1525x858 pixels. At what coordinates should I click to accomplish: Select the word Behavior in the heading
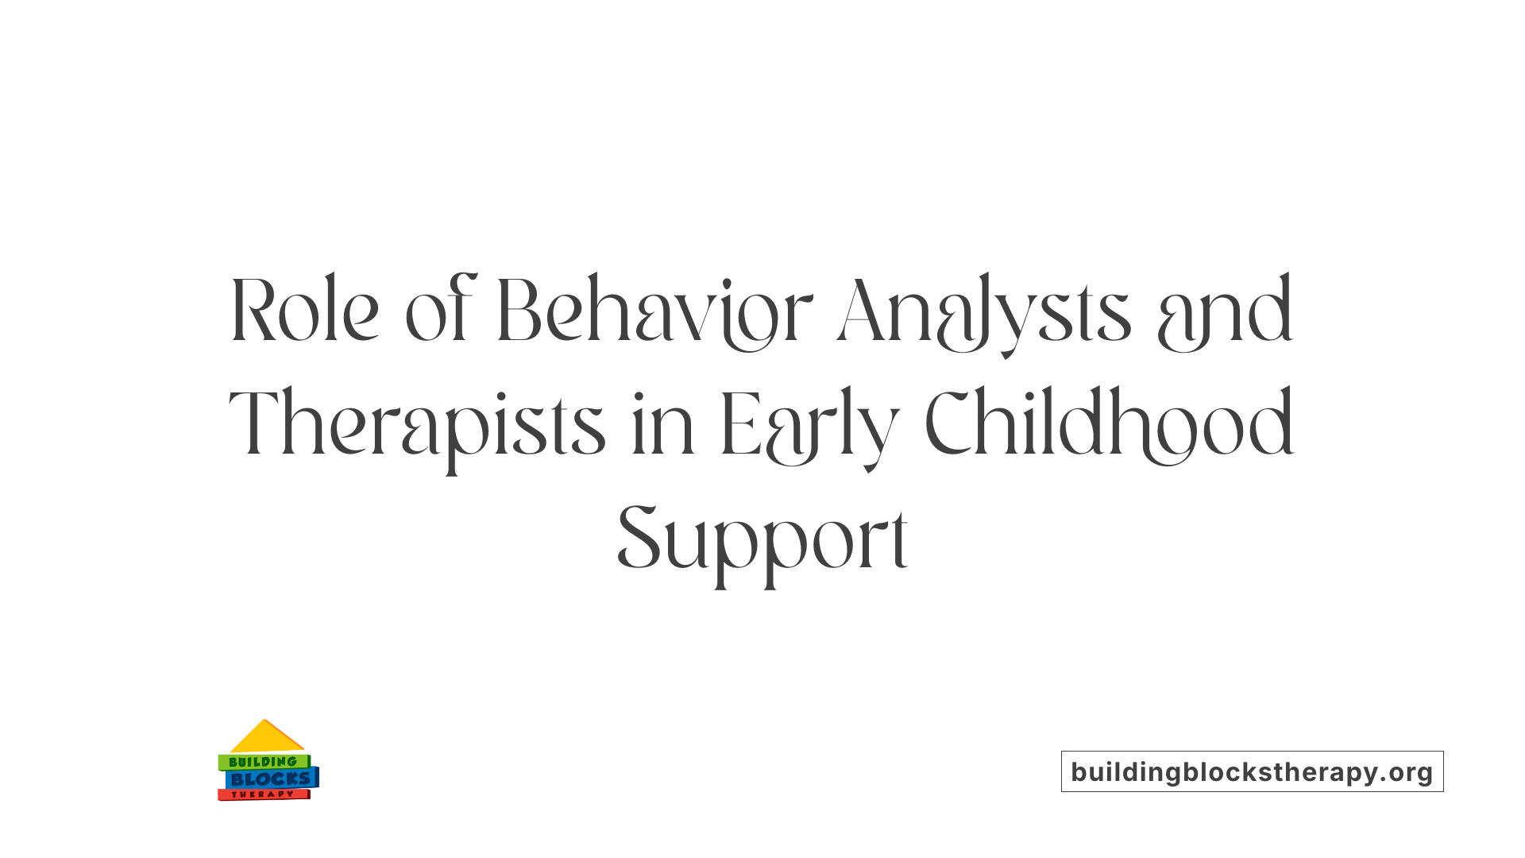[655, 311]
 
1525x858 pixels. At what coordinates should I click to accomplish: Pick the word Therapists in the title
[417, 426]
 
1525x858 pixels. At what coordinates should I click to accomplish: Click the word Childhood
[1110, 424]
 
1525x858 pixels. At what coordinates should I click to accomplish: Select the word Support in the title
[762, 540]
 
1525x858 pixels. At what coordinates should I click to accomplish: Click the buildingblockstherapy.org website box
[1252, 771]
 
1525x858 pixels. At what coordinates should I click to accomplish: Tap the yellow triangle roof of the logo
[266, 738]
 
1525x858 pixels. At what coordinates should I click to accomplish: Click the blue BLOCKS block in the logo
[271, 779]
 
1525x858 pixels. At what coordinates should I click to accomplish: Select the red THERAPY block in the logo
[263, 794]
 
